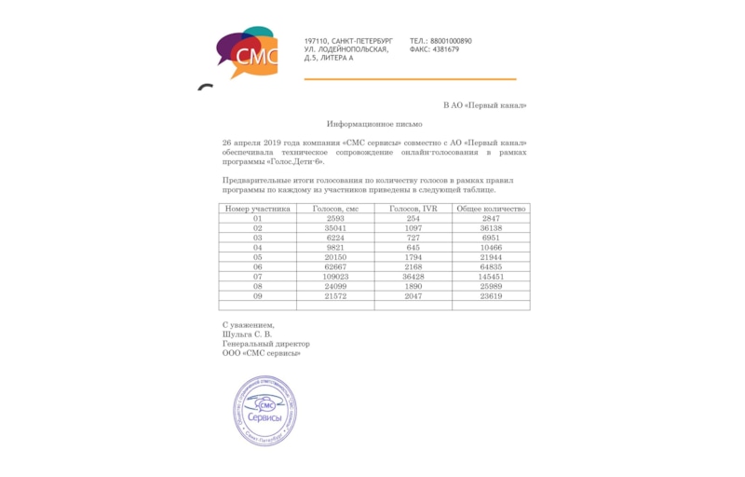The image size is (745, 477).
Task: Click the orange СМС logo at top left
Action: (x=247, y=54)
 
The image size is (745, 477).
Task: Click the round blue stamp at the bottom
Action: (x=265, y=410)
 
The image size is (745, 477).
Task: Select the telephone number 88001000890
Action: (x=451, y=41)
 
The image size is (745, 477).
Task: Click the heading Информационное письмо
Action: (x=374, y=124)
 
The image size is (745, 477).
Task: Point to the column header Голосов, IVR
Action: (x=413, y=209)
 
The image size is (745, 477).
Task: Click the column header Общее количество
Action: (x=491, y=209)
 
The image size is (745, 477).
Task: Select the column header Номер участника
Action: (x=258, y=209)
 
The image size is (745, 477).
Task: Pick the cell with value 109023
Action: (x=335, y=277)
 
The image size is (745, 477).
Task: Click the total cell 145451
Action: (x=491, y=277)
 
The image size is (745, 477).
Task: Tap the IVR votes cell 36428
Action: (x=413, y=277)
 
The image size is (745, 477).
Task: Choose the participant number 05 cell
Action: (x=258, y=257)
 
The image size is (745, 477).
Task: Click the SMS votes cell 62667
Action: (x=335, y=267)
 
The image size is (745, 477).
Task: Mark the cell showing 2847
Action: (x=491, y=218)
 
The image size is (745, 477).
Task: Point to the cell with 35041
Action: (x=335, y=228)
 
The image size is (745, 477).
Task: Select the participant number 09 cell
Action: (x=258, y=296)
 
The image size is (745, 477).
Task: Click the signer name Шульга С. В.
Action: (x=248, y=334)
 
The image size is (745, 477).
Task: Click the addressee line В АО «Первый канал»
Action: (x=484, y=105)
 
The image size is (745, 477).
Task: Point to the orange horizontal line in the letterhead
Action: (x=410, y=79)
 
